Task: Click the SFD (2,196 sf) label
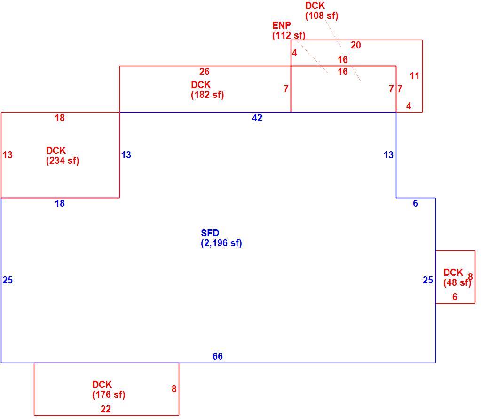click(221, 238)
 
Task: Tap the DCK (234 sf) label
click(63, 156)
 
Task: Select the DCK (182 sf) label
click(207, 90)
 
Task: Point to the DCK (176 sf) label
click(109, 389)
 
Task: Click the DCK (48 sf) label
click(457, 277)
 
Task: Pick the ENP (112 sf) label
click(289, 31)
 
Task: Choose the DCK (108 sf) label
click(322, 11)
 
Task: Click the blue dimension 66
click(218, 356)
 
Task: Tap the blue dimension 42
click(257, 118)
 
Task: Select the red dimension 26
click(205, 72)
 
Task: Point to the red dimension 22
click(105, 409)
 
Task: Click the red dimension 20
click(356, 45)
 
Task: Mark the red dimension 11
click(414, 76)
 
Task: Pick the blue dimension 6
click(415, 203)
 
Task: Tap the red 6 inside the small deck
click(455, 297)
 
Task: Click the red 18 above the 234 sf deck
click(60, 118)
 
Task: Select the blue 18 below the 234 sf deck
click(60, 203)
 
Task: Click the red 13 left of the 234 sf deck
click(8, 155)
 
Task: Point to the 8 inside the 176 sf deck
click(174, 389)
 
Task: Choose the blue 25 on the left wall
click(8, 280)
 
